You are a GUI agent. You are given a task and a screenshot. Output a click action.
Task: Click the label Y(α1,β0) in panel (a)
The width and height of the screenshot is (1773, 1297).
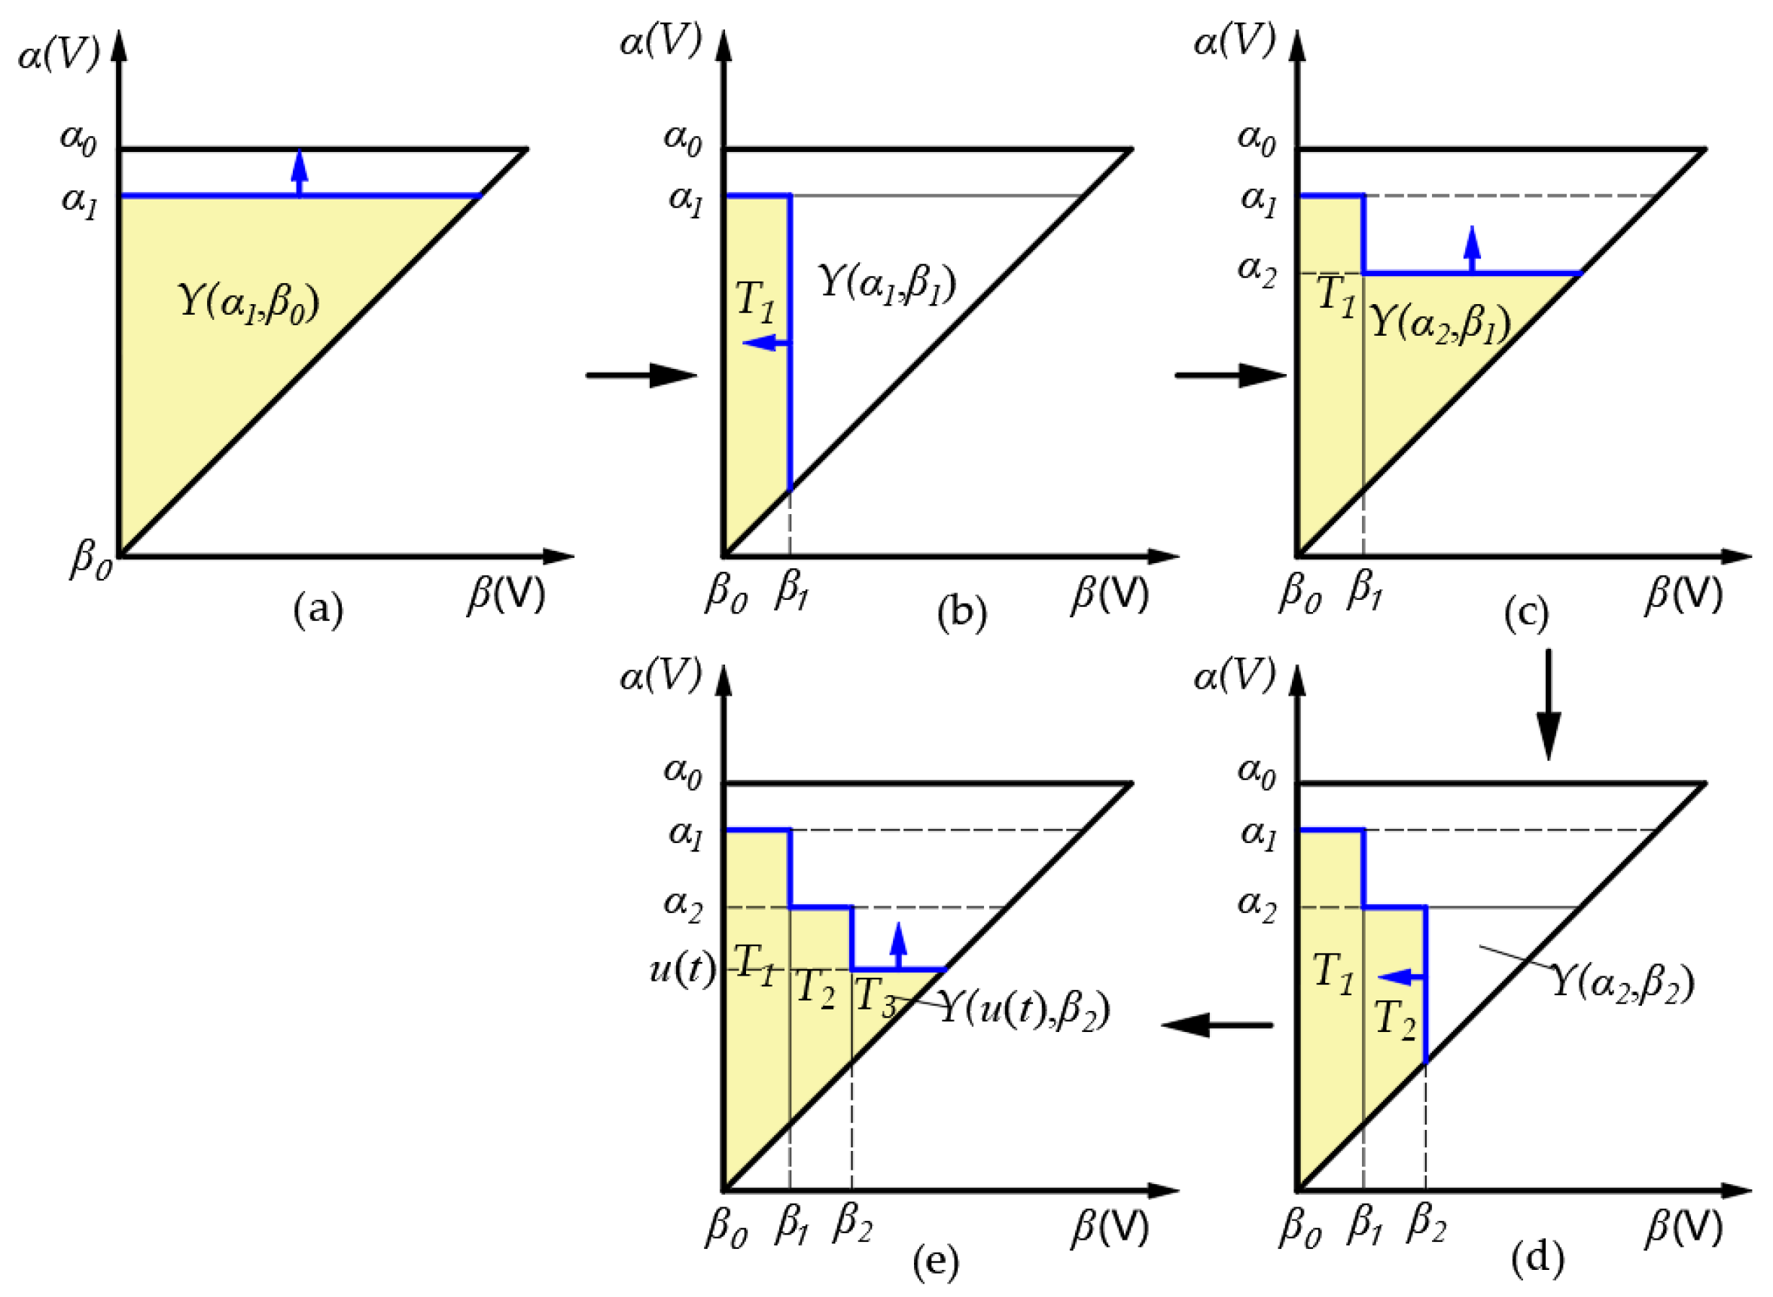[x=248, y=303]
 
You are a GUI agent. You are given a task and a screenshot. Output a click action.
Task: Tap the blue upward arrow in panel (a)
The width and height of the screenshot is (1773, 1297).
[x=298, y=172]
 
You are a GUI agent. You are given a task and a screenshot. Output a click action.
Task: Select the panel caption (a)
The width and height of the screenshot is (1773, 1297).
[x=317, y=609]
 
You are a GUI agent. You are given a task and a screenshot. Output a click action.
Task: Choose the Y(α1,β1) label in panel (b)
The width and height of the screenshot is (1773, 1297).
[x=887, y=284]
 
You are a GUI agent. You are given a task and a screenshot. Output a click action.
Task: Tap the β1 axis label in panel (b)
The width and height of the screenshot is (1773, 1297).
[x=791, y=591]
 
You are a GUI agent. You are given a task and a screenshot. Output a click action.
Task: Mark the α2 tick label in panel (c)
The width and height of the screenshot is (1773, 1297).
[x=1257, y=271]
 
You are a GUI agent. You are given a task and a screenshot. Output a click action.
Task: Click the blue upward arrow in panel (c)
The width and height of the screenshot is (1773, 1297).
[x=1473, y=249]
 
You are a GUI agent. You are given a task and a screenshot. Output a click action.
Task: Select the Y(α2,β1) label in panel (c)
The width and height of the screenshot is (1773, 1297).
[x=1440, y=323]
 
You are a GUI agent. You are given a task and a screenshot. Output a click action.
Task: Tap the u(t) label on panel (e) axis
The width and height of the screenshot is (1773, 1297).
[x=682, y=970]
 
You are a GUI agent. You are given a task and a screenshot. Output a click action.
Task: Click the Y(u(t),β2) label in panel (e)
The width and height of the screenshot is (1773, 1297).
[x=1024, y=1008]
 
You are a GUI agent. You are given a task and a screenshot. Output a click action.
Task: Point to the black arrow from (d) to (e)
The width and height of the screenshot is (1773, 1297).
[x=1217, y=1025]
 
